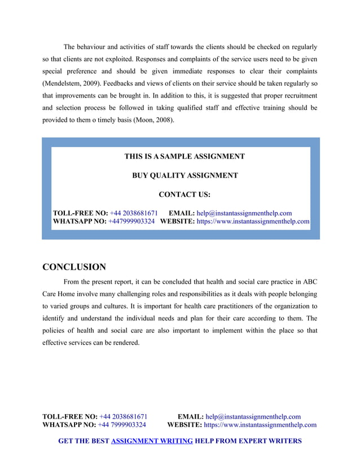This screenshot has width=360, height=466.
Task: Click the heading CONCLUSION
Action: (74, 267)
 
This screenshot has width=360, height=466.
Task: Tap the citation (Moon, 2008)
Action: (153, 119)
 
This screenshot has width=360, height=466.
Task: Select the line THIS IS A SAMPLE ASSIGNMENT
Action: (185, 156)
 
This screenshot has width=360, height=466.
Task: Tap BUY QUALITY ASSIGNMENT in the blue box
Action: (185, 175)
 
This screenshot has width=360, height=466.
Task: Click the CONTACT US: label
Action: (185, 195)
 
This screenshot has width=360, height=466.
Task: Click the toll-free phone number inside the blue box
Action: (134, 213)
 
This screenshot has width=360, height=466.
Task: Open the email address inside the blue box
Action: (244, 213)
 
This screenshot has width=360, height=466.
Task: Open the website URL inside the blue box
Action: (253, 222)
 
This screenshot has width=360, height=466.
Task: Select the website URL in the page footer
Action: (260, 425)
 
